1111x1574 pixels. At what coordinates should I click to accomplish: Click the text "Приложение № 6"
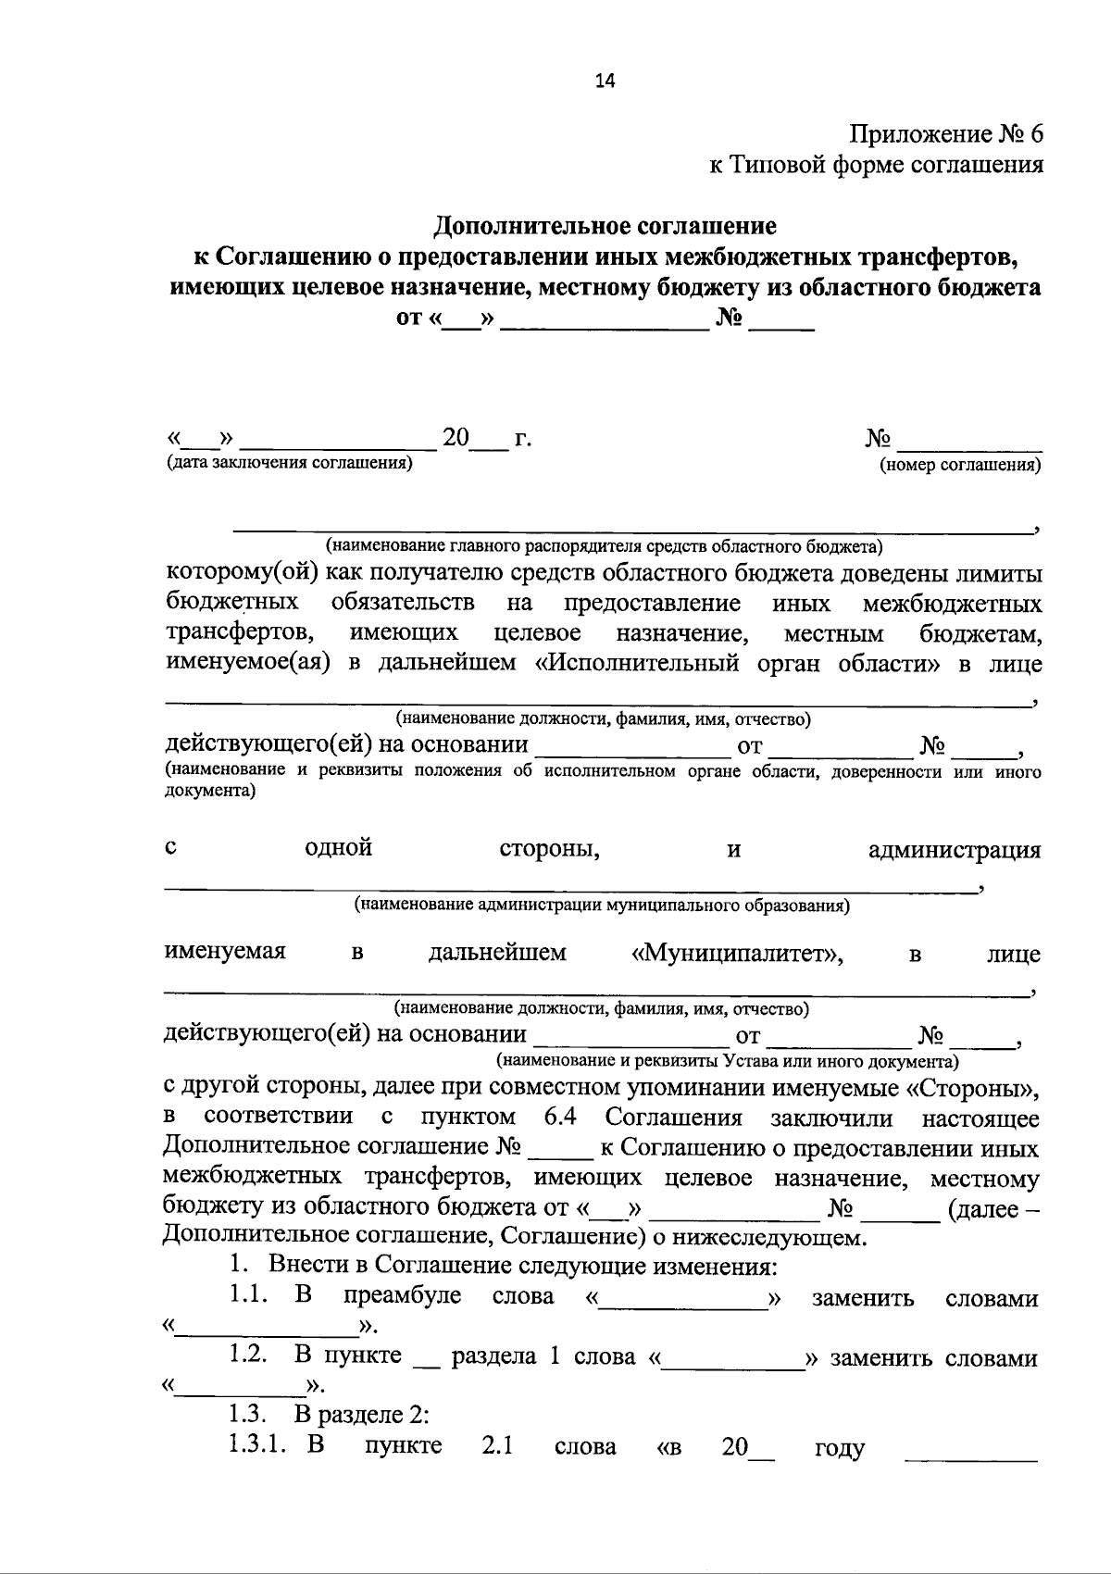[x=946, y=134]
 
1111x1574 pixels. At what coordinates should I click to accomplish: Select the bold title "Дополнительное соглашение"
[x=605, y=225]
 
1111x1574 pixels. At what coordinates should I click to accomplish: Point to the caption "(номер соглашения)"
[x=960, y=466]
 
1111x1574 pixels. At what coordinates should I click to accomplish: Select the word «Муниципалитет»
[x=736, y=954]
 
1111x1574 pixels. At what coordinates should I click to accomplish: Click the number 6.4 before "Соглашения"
[x=561, y=1117]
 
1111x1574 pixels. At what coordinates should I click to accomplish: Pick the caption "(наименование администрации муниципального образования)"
[x=602, y=905]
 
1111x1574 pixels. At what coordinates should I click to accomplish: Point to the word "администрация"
[x=954, y=850]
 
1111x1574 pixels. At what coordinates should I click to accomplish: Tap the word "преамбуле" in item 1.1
[x=402, y=1295]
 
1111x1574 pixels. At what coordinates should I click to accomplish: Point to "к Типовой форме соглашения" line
[x=876, y=165]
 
